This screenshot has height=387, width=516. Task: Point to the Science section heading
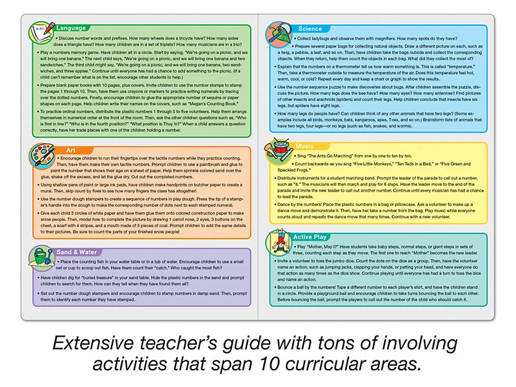[x=310, y=28]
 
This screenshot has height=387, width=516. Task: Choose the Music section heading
[x=305, y=146]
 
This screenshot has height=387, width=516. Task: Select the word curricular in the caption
[x=346, y=363]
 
